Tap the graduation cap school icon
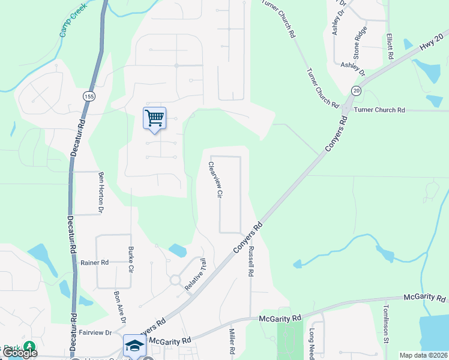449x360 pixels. click(x=134, y=345)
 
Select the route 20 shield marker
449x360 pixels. click(x=356, y=91)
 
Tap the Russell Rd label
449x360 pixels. click(x=251, y=260)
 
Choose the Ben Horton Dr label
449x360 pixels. click(x=101, y=193)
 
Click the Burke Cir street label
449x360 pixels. click(x=130, y=259)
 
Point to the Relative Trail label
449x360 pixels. click(x=195, y=275)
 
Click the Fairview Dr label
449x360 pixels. click(x=95, y=332)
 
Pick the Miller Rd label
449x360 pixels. click(x=231, y=340)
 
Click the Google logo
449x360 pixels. click(x=20, y=353)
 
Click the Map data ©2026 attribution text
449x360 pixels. click(x=423, y=355)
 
